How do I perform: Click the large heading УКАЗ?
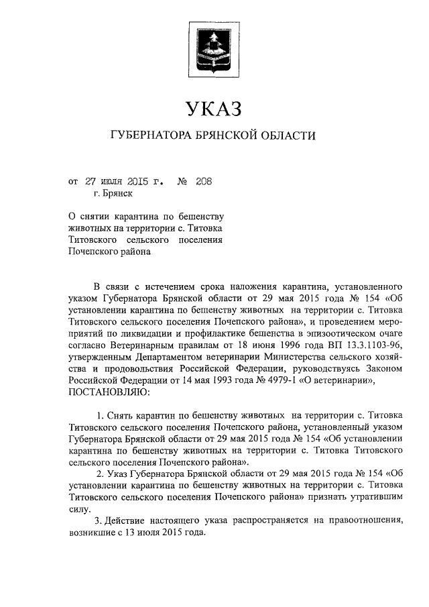[x=212, y=108]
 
